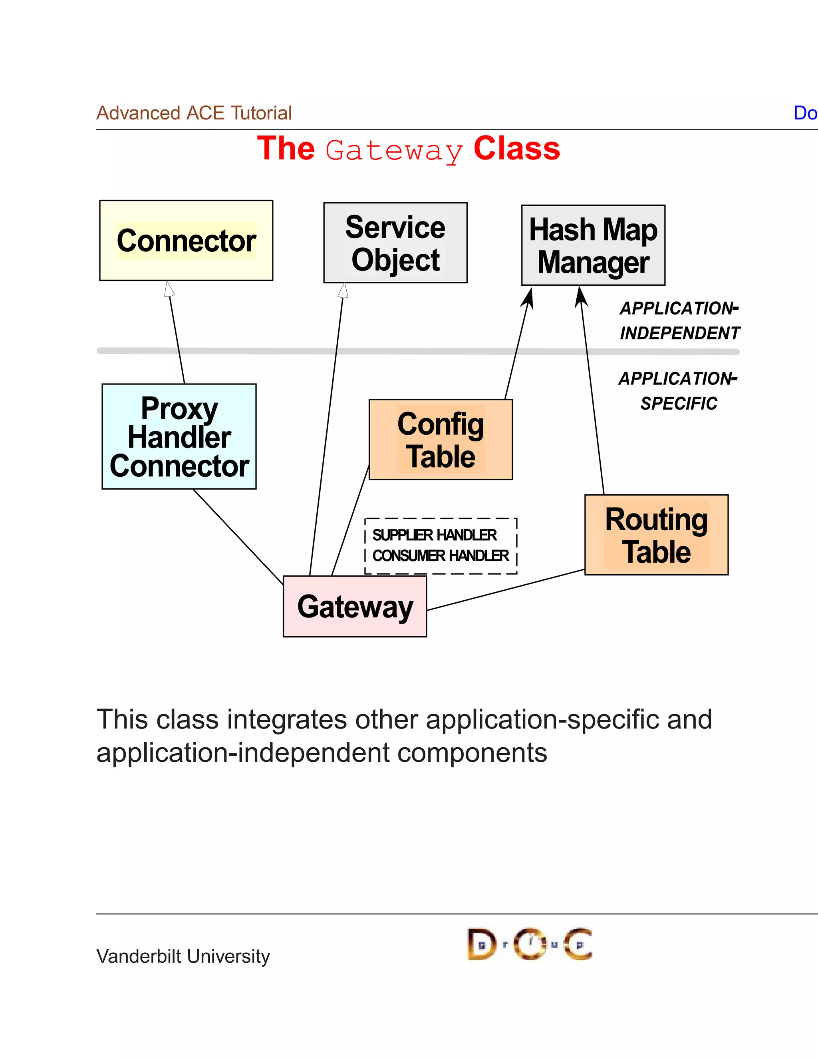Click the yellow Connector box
186,241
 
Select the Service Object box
395,243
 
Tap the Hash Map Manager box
593,245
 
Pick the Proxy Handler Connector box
179,436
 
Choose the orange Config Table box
441,440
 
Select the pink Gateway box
355,606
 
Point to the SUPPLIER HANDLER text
434,535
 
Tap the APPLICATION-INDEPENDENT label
679,320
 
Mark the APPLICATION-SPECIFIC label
679,391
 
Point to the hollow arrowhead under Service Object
343,291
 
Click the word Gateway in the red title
393,151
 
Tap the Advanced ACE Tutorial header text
194,113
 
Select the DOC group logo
530,944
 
